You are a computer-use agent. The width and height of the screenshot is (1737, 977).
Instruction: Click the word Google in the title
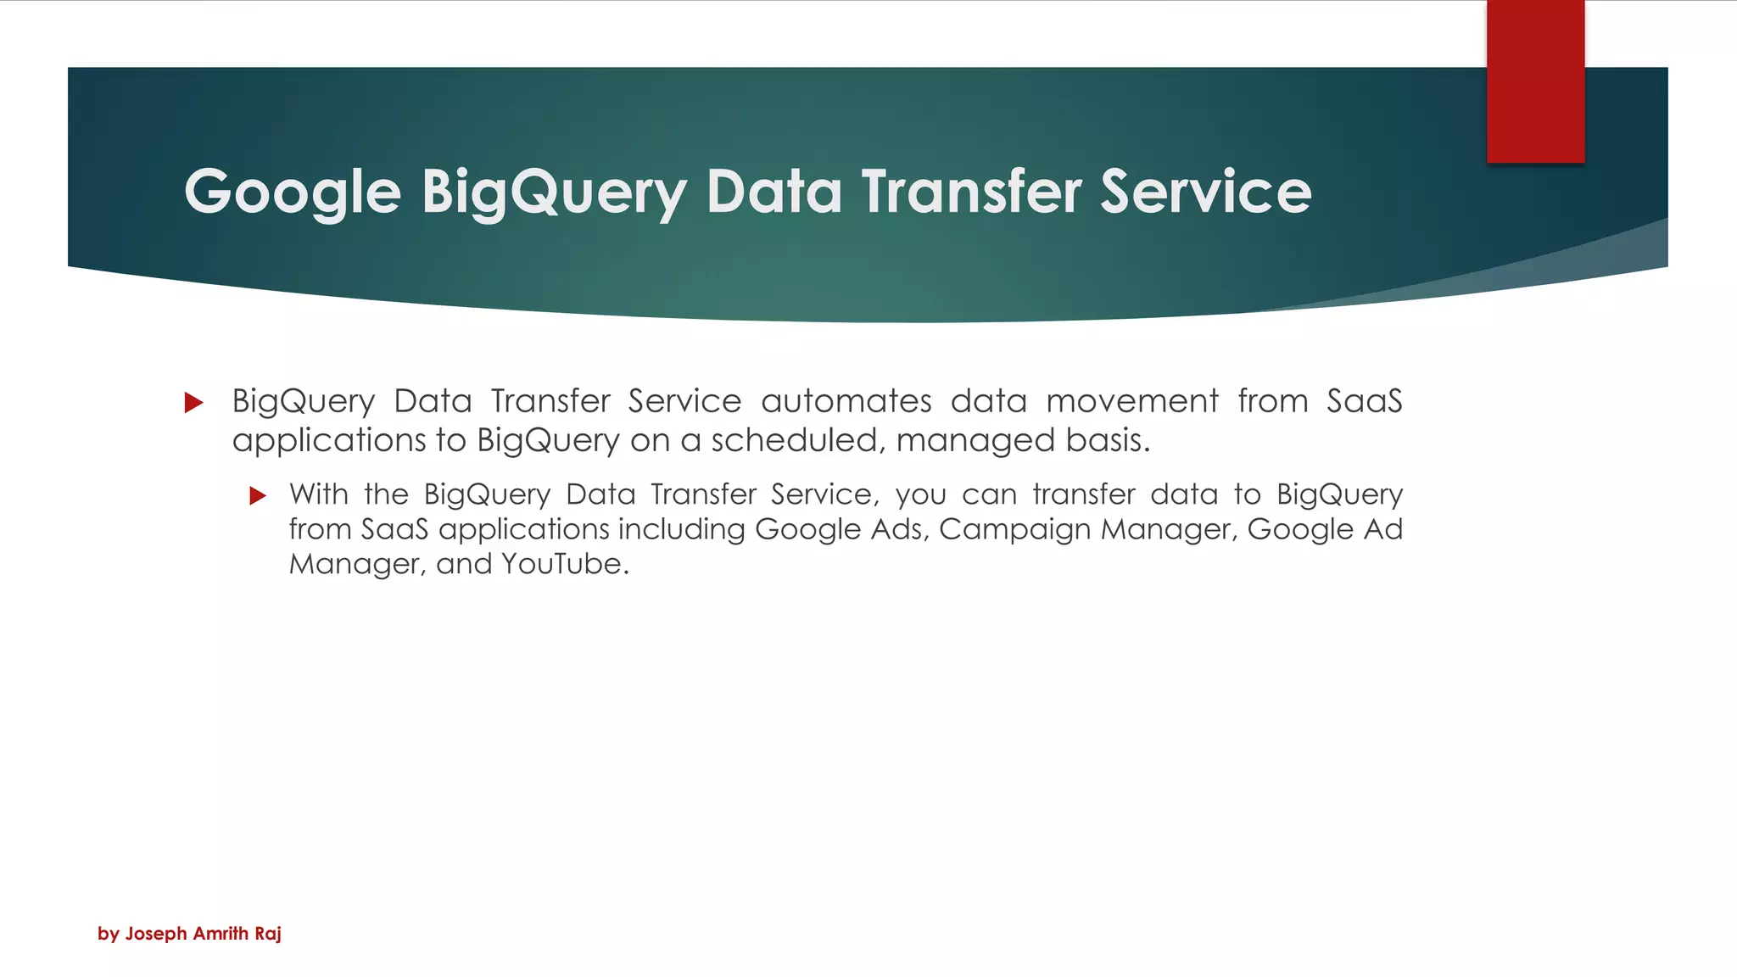tap(293, 192)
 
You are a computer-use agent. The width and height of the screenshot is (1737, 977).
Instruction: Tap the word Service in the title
tap(1205, 192)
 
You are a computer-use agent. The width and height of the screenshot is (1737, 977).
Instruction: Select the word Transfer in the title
tap(972, 192)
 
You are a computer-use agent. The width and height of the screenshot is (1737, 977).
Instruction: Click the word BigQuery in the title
tap(554, 192)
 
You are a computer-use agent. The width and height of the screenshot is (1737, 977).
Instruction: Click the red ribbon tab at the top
tap(1535, 81)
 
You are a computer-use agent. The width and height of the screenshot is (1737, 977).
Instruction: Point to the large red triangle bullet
tap(194, 402)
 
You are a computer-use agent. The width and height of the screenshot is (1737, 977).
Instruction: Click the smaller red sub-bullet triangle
tap(258, 496)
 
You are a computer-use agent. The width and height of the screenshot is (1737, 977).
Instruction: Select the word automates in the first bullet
tap(846, 401)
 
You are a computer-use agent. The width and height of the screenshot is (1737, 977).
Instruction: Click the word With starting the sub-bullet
tap(318, 494)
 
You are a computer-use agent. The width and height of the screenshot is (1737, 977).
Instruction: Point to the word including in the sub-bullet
tap(681, 529)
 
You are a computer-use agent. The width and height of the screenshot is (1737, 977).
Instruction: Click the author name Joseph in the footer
tap(156, 934)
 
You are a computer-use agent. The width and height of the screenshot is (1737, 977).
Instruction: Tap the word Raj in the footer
tap(267, 934)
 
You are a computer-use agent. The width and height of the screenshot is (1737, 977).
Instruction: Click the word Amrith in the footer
tap(221, 934)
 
